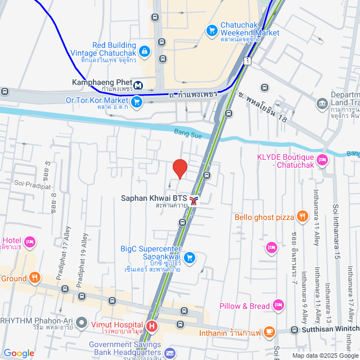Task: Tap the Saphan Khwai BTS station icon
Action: click(194, 201)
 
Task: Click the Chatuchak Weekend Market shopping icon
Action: click(212, 29)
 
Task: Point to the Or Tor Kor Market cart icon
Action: click(136, 101)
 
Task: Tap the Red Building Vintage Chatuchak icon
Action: click(145, 52)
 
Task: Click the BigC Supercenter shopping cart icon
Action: click(190, 257)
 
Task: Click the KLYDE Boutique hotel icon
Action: click(322, 160)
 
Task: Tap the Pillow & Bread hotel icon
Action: click(278, 305)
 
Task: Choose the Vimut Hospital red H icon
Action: click(151, 326)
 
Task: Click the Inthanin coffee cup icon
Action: click(269, 332)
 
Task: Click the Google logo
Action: click(19, 353)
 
